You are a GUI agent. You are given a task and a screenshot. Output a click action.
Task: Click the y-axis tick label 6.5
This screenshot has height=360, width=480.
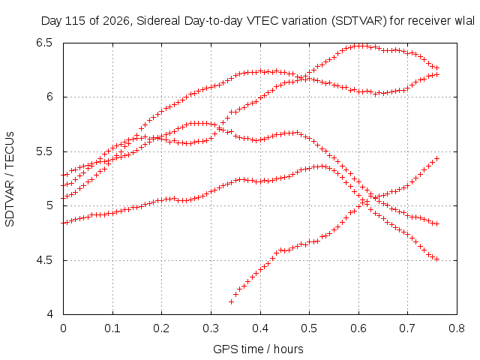pos(45,43)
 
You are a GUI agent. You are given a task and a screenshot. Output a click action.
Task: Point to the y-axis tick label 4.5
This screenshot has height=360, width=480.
pos(45,260)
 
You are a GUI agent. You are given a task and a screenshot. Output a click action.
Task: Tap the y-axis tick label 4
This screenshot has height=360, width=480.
pos(49,314)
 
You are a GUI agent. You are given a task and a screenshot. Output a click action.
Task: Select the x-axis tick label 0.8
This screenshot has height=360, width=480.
pos(457,328)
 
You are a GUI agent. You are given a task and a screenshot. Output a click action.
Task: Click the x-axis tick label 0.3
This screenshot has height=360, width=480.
pos(211,328)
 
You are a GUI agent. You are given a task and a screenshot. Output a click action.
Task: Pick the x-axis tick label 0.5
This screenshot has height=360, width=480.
pos(309,328)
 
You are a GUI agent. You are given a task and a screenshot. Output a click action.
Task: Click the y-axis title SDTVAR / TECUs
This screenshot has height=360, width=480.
pos(10,179)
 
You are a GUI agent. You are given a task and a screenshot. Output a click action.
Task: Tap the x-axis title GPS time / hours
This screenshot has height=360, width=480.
pos(258,349)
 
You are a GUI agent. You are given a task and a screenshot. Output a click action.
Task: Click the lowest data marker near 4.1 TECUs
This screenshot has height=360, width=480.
pos(232,301)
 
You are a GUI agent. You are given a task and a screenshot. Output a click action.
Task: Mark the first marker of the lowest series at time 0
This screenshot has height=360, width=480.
pos(63,223)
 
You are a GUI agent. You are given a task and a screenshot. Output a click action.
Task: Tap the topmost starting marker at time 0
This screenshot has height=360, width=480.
pos(63,175)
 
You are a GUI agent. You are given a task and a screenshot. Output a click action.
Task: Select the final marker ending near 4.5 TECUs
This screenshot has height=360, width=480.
pos(437,259)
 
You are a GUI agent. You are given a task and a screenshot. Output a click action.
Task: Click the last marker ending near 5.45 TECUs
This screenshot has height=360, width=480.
pos(437,158)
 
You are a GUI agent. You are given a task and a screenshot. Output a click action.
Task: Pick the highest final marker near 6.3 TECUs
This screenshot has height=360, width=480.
pos(437,67)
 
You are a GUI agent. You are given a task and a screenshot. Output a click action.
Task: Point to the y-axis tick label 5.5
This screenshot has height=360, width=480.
pos(45,151)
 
